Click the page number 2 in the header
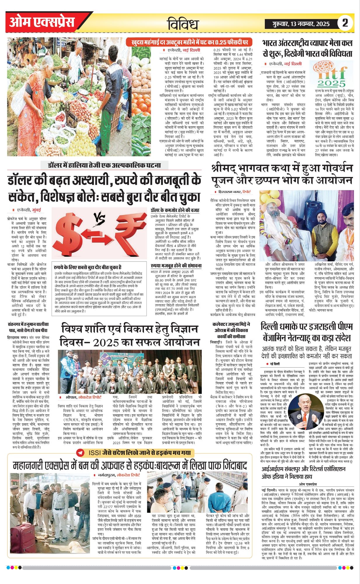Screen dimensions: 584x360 point(345,23)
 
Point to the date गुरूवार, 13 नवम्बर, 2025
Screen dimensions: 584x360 point(301,24)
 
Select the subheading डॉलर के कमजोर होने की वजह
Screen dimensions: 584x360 point(175,210)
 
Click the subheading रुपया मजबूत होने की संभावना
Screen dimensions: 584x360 point(176,266)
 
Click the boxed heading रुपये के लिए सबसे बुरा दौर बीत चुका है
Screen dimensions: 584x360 point(88,267)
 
